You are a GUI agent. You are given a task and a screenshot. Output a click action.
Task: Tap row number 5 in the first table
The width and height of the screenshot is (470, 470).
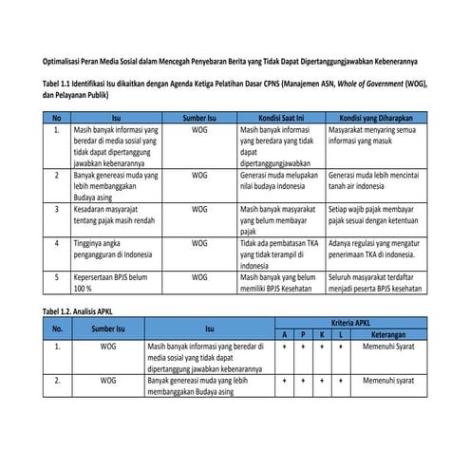point(57,276)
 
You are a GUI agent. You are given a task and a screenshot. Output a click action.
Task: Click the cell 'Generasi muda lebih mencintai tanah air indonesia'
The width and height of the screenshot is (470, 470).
point(374,180)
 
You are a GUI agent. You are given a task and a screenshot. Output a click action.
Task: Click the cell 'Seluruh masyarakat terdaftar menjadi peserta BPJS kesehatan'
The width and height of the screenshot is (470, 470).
point(374,282)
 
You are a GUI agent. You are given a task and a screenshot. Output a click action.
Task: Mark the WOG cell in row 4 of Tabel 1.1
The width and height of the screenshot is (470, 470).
point(198,243)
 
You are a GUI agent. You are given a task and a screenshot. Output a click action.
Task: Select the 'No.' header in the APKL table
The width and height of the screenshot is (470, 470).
point(57,329)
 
